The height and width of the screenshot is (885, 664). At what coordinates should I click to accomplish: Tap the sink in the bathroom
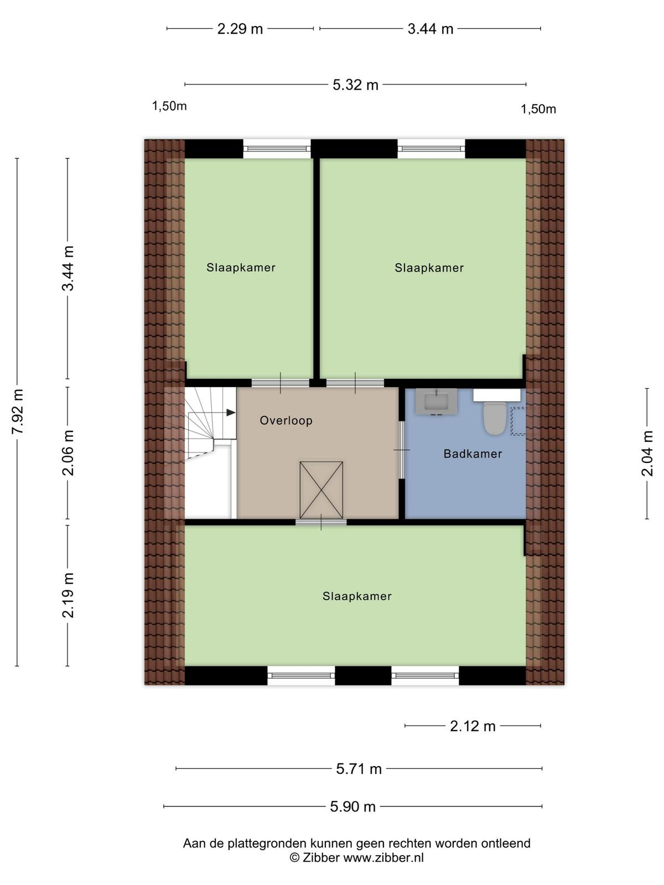coord(436,402)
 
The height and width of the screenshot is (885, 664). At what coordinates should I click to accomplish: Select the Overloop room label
coord(286,420)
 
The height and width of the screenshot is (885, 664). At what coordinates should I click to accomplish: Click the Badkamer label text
coord(473,454)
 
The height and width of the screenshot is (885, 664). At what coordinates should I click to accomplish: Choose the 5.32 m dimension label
coord(355,85)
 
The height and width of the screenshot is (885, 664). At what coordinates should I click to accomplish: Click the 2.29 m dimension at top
coord(240,29)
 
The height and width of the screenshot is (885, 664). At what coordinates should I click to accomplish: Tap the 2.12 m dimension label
coord(473,726)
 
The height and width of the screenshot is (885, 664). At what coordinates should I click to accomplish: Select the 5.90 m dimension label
coord(353,806)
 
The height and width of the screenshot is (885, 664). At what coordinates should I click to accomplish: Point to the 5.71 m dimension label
coord(359,769)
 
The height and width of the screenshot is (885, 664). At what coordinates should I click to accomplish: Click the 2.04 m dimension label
coord(647,454)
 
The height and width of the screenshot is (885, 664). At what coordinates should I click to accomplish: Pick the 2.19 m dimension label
coord(68,595)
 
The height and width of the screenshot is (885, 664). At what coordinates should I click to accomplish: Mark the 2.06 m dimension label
coord(68,452)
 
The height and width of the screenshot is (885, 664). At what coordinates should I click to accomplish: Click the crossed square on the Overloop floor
coord(321,490)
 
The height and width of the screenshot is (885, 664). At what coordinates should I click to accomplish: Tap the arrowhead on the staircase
coord(231,413)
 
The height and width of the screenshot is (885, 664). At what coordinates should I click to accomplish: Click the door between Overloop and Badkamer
coord(402,450)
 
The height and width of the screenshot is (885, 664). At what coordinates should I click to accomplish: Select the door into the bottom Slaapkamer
coord(321,522)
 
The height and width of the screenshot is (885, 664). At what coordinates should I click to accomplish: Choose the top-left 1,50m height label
coord(169,106)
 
